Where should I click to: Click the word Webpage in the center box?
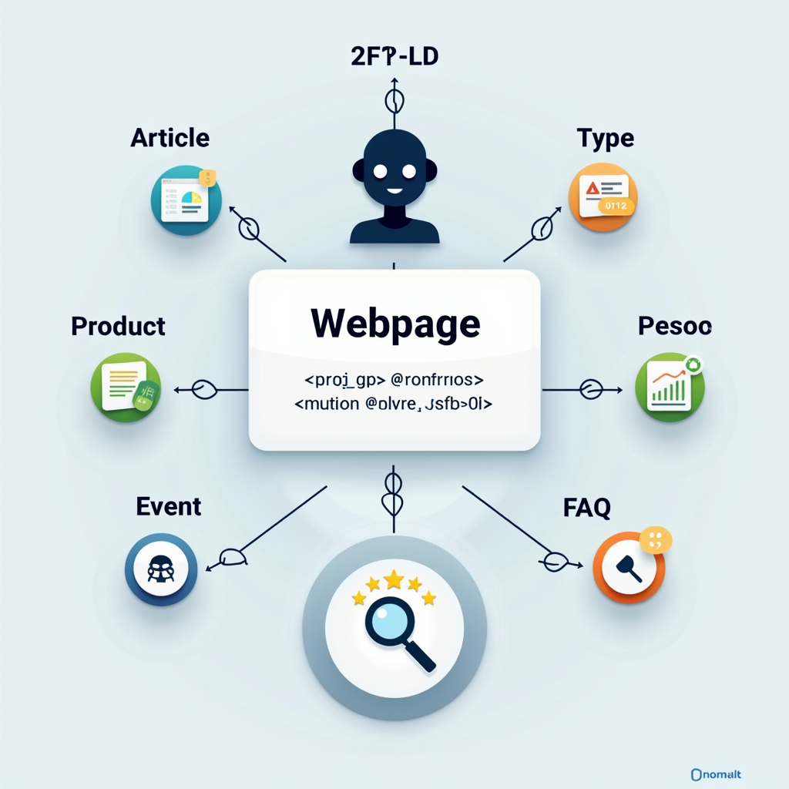[394, 324]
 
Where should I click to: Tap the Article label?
[170, 138]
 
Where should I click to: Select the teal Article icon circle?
[186, 200]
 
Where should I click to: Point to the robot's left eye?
[379, 170]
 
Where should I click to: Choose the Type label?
[606, 139]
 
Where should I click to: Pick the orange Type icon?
[603, 197]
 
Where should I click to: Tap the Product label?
[118, 326]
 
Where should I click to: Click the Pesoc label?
[675, 326]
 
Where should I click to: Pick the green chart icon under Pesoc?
[670, 387]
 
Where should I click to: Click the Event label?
[169, 506]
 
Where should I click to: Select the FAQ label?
[586, 507]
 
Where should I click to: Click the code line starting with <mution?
[394, 403]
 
